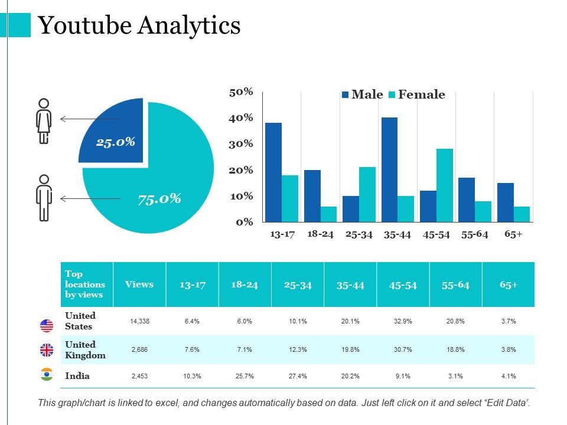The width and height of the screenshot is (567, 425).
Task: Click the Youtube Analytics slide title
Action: click(139, 25)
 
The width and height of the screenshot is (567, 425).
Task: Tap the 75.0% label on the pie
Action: click(159, 198)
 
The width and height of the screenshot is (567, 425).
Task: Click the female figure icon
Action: click(44, 120)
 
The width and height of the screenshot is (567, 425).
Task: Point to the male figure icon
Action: click(44, 198)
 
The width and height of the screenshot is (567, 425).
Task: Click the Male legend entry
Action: click(362, 94)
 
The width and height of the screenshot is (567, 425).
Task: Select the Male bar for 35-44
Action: click(389, 169)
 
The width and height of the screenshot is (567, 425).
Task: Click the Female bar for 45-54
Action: click(445, 185)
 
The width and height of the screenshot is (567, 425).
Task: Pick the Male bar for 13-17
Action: click(273, 172)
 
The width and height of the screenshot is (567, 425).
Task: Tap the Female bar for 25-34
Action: click(367, 194)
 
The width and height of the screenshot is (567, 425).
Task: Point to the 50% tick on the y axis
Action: click(241, 91)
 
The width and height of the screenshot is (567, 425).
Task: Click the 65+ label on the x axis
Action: click(513, 234)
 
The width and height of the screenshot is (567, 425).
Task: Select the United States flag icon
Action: click(47, 325)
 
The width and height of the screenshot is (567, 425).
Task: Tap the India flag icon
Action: click(47, 375)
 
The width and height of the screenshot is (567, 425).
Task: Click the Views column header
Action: click(139, 285)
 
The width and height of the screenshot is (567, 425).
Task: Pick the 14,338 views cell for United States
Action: click(139, 322)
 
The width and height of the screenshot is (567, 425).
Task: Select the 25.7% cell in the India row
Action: click(245, 376)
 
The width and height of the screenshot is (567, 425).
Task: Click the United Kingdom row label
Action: click(86, 349)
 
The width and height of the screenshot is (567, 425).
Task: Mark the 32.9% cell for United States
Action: click(403, 322)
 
